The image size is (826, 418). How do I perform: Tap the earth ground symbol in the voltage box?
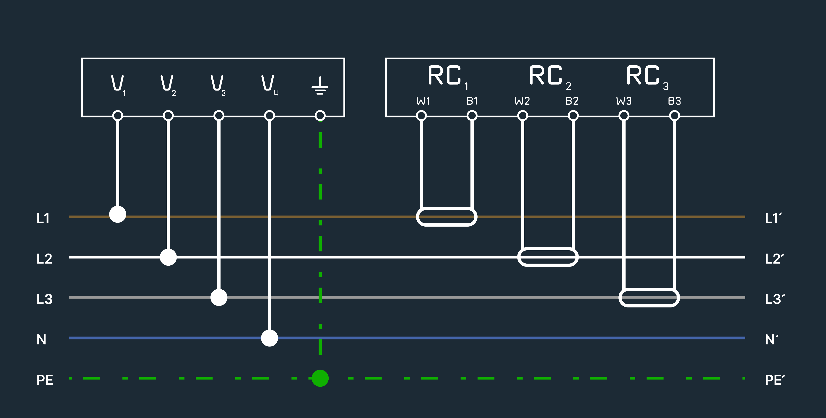point(320,85)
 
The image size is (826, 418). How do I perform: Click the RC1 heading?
point(448,77)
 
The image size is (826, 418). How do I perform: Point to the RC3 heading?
point(647,77)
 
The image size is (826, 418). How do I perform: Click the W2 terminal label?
point(522,101)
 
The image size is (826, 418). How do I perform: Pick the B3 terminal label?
point(674,101)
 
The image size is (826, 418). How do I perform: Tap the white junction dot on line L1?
point(118,214)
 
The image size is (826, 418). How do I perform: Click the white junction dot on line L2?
point(168,257)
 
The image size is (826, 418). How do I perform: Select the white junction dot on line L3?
point(219,297)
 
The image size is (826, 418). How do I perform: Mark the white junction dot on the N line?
point(269,338)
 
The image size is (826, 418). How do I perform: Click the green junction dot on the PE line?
point(320,378)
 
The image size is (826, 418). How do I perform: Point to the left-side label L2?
point(44,259)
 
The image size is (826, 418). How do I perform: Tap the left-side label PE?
point(45,380)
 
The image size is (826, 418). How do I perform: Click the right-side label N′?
point(772,339)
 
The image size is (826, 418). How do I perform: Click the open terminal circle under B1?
point(472,116)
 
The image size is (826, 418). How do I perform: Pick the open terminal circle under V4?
point(269,116)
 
